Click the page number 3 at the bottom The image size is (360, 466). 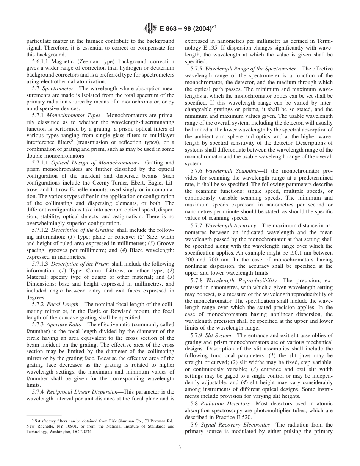pos(180,447)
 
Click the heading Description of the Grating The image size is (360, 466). pos(82,230)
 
